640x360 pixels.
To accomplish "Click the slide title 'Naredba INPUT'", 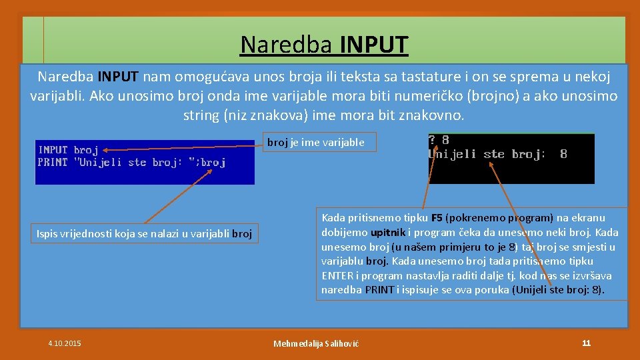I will point(324,45).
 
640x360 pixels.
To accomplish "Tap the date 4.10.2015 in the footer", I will point(65,343).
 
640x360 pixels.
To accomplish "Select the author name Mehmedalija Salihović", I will point(316,343).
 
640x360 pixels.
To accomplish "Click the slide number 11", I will point(586,343).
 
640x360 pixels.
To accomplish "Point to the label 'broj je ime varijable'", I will point(316,142).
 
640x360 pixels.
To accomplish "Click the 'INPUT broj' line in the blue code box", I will point(68,150).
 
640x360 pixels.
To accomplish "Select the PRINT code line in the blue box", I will point(131,163).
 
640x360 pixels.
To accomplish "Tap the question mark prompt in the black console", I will point(432,140).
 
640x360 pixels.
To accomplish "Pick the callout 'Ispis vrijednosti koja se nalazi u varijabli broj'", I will point(145,233).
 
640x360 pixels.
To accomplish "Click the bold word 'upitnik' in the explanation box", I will point(389,233).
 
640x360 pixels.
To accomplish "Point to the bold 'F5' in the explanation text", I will point(437,218).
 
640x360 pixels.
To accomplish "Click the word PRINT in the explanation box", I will point(378,290).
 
